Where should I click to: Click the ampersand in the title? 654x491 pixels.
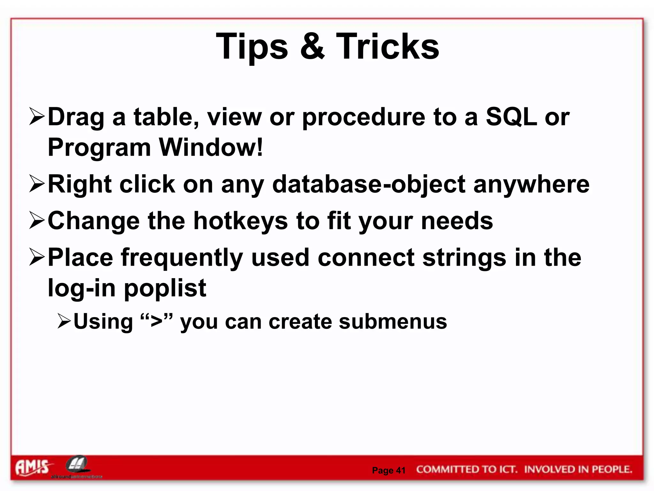pos(312,47)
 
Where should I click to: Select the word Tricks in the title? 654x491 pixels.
pos(387,47)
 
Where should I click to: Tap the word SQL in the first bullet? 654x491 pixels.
pos(511,117)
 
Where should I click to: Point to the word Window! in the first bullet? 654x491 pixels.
pos(211,147)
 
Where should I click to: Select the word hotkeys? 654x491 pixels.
pos(240,221)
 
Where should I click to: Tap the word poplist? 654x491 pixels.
pos(165,288)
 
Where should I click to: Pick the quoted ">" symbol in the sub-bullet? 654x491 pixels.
pos(156,322)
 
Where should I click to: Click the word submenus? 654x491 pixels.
pos(393,322)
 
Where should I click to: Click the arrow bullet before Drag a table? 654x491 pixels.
pos(36,116)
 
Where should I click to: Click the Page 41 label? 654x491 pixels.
pos(389,470)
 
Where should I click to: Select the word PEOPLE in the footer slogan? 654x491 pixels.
pos(612,469)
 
